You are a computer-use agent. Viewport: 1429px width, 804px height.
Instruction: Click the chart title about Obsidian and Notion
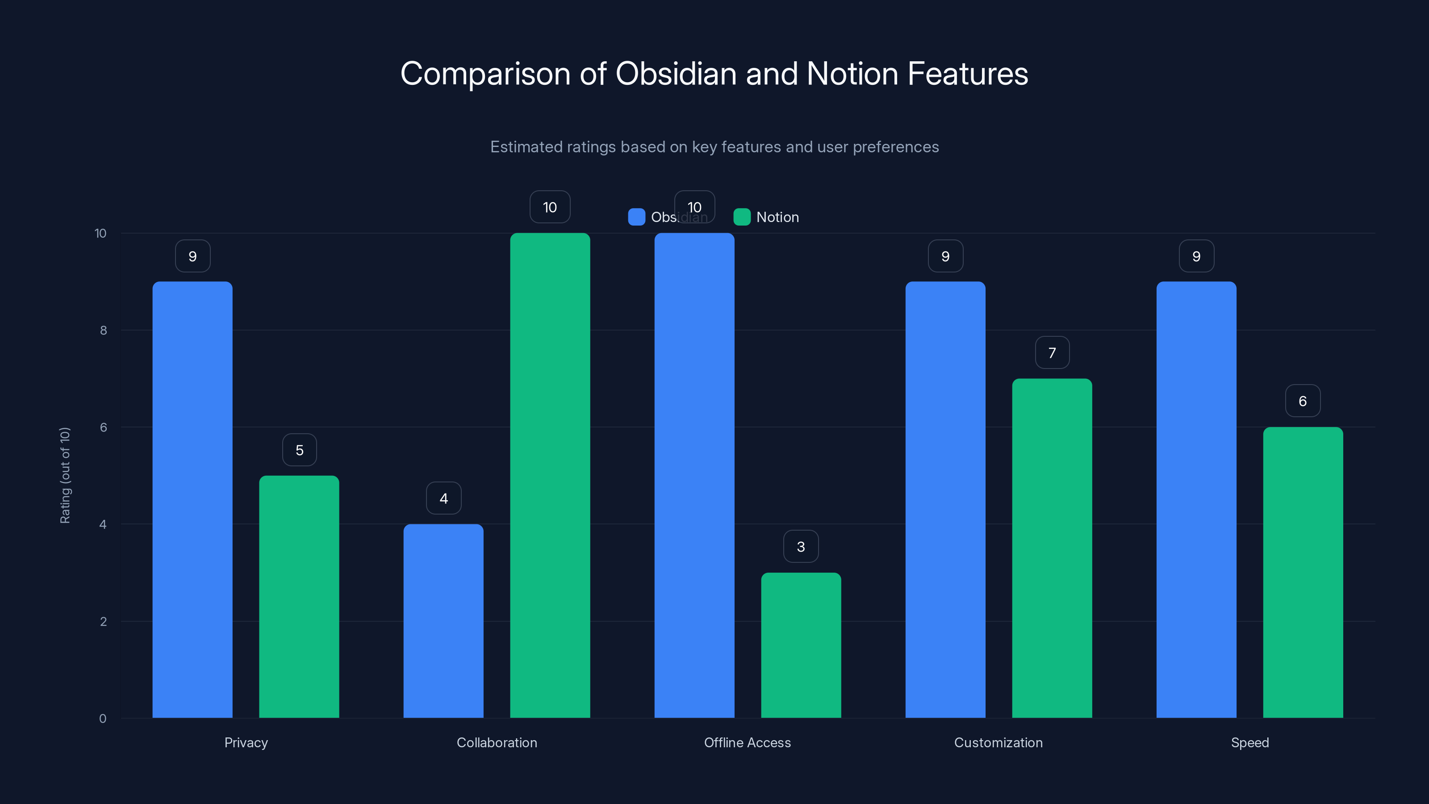pyautogui.click(x=714, y=74)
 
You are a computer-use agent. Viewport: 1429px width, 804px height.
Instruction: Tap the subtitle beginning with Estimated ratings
pyautogui.click(x=714, y=147)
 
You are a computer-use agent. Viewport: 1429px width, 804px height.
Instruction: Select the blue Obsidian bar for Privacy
pyautogui.click(x=192, y=499)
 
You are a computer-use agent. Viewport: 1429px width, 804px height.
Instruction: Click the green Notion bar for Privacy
pyautogui.click(x=299, y=596)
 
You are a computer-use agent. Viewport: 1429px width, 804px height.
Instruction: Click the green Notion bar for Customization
pyautogui.click(x=1052, y=548)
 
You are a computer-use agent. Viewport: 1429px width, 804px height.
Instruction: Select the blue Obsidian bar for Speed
pyautogui.click(x=1196, y=499)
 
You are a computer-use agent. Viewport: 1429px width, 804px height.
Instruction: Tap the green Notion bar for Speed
pyautogui.click(x=1303, y=572)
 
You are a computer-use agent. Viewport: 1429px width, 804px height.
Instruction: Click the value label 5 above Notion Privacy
pyautogui.click(x=300, y=450)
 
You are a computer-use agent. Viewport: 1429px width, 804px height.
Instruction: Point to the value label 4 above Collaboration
pyautogui.click(x=443, y=498)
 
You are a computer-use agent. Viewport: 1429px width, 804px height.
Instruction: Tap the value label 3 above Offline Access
pyautogui.click(x=801, y=547)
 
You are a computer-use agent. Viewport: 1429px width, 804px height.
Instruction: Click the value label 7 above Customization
pyautogui.click(x=1052, y=353)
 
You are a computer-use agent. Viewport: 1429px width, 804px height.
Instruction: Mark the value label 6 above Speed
pyautogui.click(x=1303, y=401)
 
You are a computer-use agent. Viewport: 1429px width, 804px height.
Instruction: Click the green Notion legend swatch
pyautogui.click(x=742, y=217)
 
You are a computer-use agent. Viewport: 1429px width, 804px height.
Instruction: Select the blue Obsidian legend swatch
pyautogui.click(x=636, y=217)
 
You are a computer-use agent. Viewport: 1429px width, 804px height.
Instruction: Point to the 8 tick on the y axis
pyautogui.click(x=103, y=330)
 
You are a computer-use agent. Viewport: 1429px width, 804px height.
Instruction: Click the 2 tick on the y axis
pyautogui.click(x=103, y=621)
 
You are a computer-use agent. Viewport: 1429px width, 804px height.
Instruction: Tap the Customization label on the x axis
pyautogui.click(x=998, y=742)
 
